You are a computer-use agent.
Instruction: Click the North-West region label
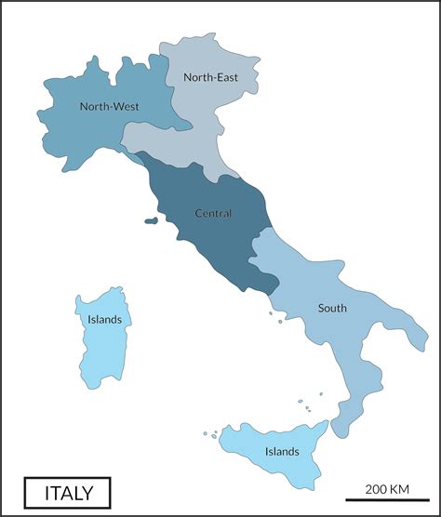point(109,107)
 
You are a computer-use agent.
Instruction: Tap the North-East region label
point(209,77)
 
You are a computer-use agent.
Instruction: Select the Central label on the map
point(212,214)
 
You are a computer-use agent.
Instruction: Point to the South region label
point(332,308)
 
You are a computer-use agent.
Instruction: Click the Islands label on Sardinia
point(104,320)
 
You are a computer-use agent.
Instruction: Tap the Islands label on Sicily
point(281,452)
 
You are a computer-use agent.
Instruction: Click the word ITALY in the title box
point(66,491)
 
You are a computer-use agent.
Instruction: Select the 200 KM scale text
point(388,489)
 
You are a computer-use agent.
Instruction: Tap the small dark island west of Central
point(151,221)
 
